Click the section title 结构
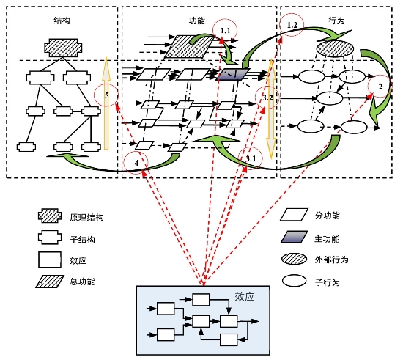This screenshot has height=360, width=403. [62, 21]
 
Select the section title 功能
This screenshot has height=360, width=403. [197, 21]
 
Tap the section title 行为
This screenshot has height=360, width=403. [336, 21]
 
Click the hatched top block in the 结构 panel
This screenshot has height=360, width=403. [63, 48]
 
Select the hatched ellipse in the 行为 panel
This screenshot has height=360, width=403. [335, 48]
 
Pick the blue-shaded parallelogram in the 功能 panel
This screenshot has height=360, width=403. [233, 74]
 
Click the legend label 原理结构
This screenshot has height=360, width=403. [86, 218]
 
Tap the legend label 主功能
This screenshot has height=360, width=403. [327, 239]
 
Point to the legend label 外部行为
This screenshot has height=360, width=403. [331, 260]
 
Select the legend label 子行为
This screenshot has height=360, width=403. [328, 282]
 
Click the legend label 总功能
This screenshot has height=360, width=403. [82, 282]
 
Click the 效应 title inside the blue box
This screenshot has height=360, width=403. [244, 296]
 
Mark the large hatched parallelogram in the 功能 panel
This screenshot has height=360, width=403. [189, 46]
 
